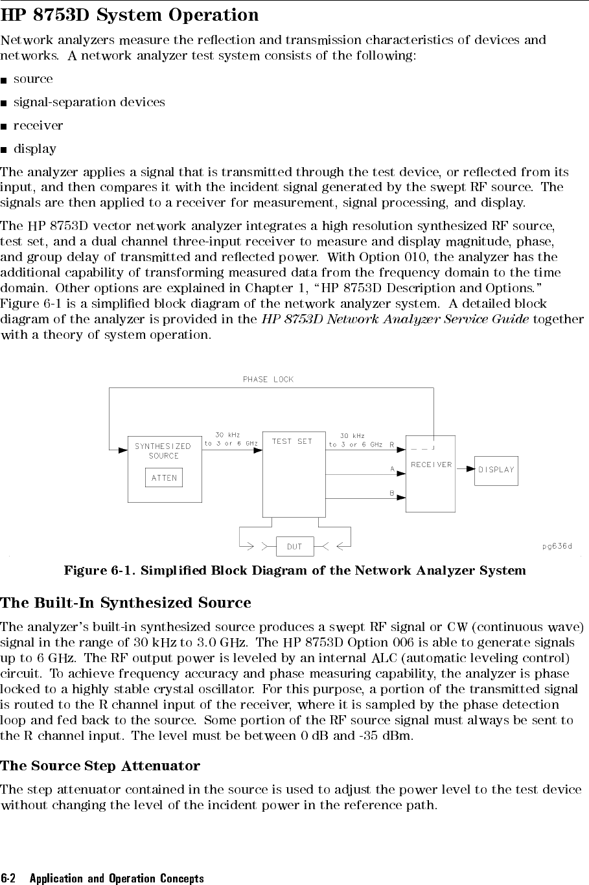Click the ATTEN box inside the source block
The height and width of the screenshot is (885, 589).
point(164,478)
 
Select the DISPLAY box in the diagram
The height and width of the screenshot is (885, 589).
point(496,470)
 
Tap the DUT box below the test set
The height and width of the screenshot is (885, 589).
point(294,547)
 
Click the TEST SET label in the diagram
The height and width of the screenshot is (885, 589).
point(292,441)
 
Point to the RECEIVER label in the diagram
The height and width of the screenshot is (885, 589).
point(431,465)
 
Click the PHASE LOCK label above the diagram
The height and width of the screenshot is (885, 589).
point(268,380)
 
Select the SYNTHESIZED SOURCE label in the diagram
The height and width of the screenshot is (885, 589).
point(163,451)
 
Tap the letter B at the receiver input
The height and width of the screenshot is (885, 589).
point(392,493)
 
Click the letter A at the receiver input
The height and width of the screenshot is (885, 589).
point(392,467)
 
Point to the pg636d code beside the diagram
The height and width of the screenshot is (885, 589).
point(557,546)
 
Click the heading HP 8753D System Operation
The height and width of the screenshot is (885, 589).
point(130,15)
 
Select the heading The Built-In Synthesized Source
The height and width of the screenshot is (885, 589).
point(126,603)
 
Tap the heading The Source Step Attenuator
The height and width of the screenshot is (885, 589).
point(100,766)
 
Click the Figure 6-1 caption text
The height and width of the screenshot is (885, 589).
point(295,571)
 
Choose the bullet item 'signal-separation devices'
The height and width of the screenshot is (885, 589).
point(89,102)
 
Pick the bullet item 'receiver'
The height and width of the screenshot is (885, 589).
point(38,126)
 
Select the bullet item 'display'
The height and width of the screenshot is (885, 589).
point(35,149)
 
